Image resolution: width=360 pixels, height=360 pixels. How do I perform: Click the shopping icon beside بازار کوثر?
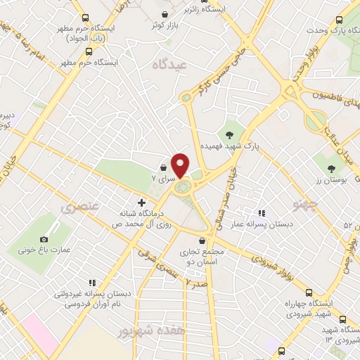pos(165,14)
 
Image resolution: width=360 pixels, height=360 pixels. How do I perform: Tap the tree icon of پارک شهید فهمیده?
pos(229,134)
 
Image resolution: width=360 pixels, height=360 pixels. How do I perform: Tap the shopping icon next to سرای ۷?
pos(163,169)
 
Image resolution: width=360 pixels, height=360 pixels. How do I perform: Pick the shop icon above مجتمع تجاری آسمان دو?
pos(202,240)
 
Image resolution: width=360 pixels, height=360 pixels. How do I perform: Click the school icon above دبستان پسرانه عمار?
pos(261,212)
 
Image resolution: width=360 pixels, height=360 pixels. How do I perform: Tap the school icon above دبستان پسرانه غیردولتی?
pos(91,282)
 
